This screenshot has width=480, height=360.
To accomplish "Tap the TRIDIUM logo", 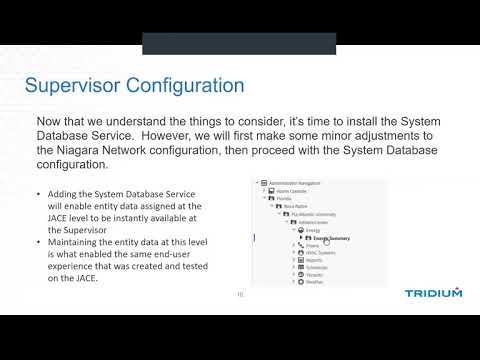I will coord(433,294).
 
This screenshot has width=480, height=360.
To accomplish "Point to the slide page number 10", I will coord(240,295).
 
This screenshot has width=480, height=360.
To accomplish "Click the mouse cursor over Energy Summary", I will coord(327,242).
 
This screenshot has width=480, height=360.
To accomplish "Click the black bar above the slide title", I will coord(240,43).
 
